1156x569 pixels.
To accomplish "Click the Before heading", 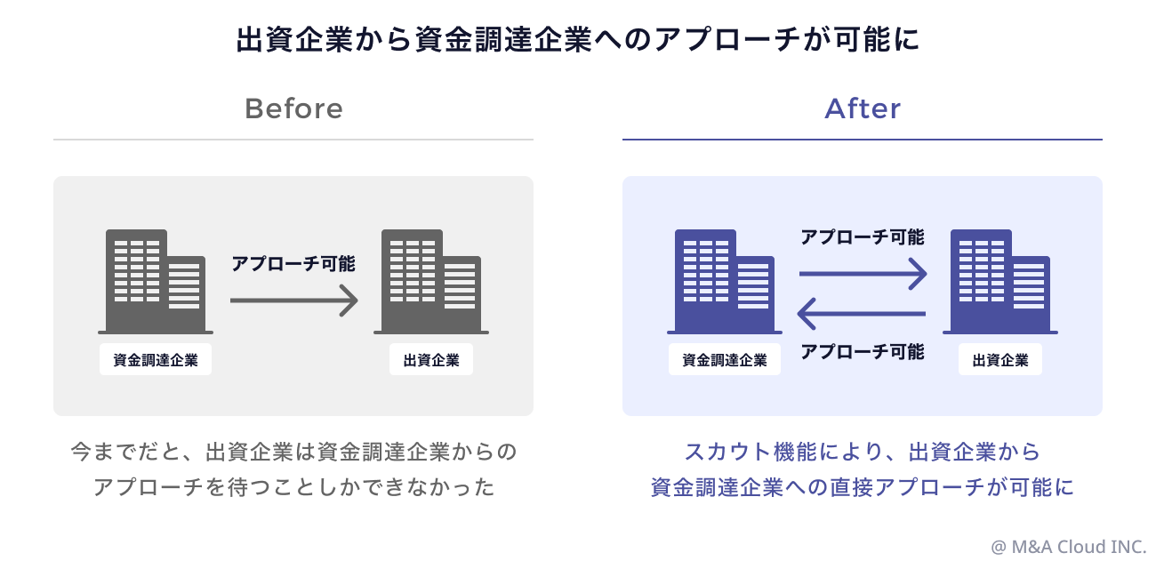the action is [293, 109].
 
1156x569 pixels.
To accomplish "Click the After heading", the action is [863, 109].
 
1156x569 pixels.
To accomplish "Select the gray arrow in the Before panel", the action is [293, 301].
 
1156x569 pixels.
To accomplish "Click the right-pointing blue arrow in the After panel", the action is [863, 275].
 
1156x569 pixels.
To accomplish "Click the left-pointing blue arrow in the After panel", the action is [863, 313].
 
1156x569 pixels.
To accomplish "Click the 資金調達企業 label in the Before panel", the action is [156, 360].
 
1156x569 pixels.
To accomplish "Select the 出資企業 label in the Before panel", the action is [431, 360].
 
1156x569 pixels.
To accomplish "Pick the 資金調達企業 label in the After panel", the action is [725, 360].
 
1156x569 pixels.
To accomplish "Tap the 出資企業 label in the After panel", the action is [1000, 360].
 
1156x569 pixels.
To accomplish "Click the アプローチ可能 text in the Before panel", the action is [293, 264].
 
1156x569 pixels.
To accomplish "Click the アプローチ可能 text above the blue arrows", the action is [863, 237].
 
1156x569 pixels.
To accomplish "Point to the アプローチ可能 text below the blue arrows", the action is [863, 351].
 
